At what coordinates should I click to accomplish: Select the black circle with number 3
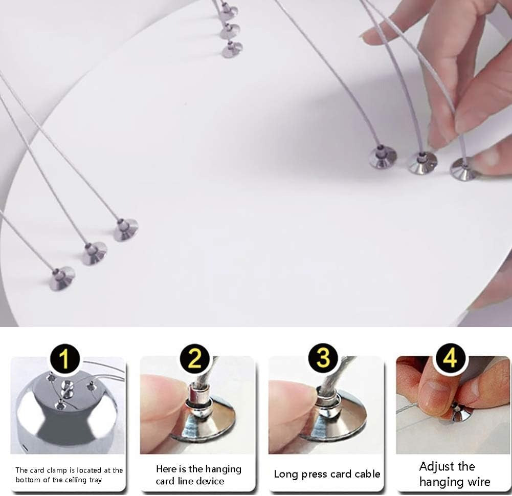(x=323, y=358)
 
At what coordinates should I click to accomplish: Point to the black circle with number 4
(x=450, y=358)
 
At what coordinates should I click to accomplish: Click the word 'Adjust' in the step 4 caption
(x=436, y=467)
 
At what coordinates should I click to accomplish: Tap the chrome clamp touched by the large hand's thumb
(x=462, y=168)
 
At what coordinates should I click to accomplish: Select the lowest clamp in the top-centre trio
(x=232, y=50)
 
